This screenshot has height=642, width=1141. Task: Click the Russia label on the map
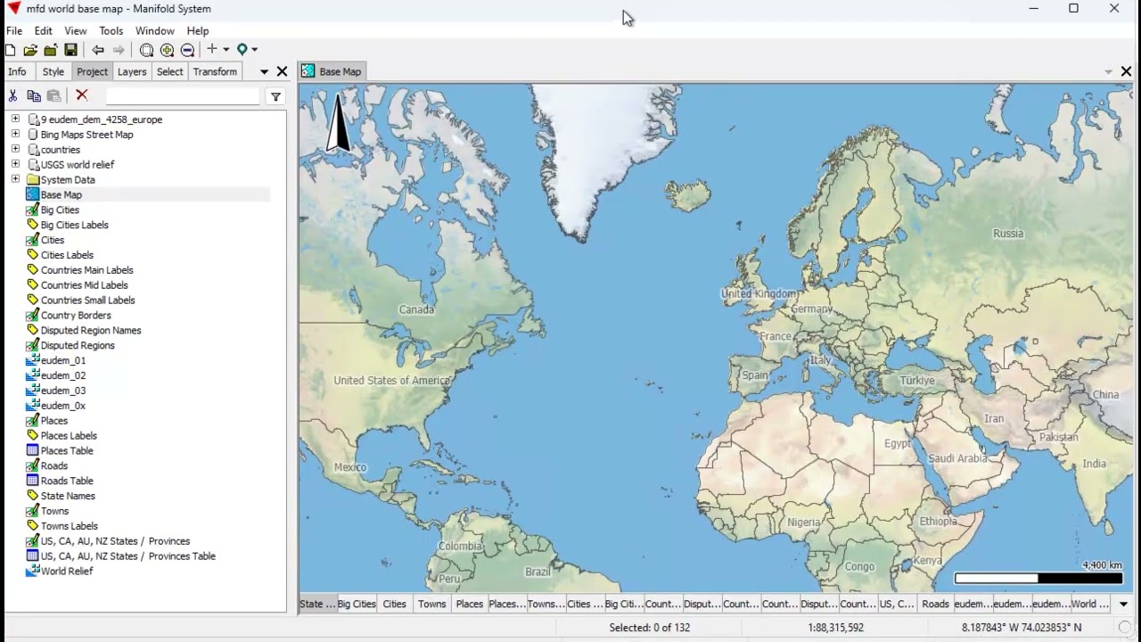point(1008,234)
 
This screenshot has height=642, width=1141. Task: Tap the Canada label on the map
point(416,309)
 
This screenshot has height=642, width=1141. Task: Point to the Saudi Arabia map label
point(957,458)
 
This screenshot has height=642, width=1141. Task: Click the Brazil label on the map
point(538,572)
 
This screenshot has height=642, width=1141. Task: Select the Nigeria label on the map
point(803,523)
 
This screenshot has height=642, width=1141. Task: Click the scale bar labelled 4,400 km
point(1038,579)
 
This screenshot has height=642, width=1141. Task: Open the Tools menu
point(111,30)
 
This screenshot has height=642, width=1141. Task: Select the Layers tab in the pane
point(132,71)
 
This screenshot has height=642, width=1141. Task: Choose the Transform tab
point(215,71)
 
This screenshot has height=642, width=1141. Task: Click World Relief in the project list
point(67,571)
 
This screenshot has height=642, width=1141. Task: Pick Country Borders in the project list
point(76,315)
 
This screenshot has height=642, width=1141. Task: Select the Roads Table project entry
point(67,481)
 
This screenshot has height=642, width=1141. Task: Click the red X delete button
point(82,95)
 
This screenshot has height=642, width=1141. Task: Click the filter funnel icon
point(275,96)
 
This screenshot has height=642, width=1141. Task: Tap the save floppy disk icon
point(71,50)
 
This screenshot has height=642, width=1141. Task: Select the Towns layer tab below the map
point(431,604)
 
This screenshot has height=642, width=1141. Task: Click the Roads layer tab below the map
point(935,604)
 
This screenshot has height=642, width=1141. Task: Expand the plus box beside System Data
point(15,179)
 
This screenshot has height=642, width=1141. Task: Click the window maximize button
point(1073,9)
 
